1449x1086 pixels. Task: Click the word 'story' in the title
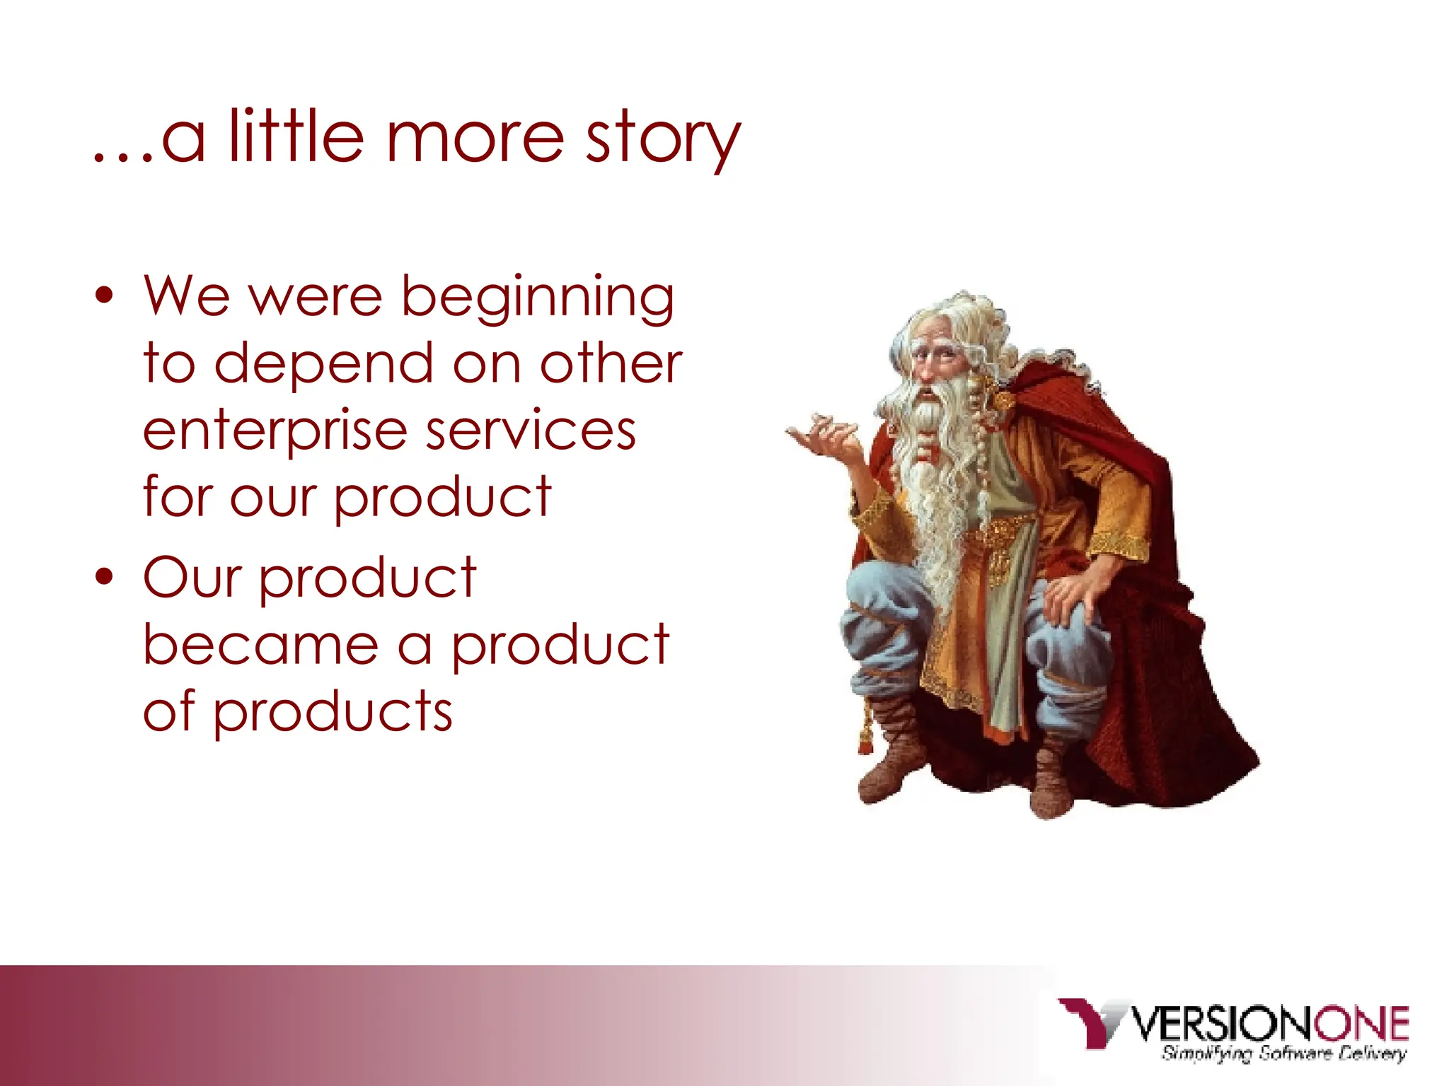[x=662, y=140]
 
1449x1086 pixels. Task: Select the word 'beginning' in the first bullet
[x=538, y=298]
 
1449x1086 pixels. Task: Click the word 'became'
[x=260, y=645]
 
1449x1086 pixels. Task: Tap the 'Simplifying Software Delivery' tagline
[x=1283, y=1054]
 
